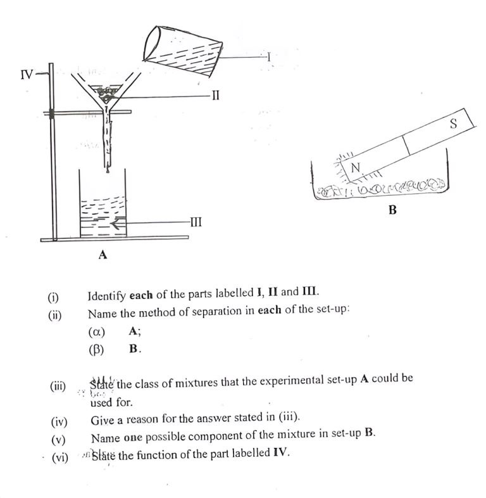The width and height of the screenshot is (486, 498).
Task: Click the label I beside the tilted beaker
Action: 269,57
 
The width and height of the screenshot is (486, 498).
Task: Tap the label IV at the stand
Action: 27,75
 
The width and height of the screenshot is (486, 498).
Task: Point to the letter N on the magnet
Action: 355,168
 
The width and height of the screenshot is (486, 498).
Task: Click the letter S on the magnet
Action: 453,124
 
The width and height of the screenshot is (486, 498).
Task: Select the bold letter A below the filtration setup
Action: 103,255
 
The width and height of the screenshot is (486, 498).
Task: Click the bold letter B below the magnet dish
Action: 392,210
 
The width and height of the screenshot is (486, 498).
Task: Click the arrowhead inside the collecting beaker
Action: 115,223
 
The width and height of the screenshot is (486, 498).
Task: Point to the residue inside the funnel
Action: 108,96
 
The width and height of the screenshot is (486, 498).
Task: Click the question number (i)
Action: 54,297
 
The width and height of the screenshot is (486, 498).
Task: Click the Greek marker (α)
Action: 96,331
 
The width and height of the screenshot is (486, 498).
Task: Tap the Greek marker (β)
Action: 96,348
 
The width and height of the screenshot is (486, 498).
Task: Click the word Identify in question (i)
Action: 107,294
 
